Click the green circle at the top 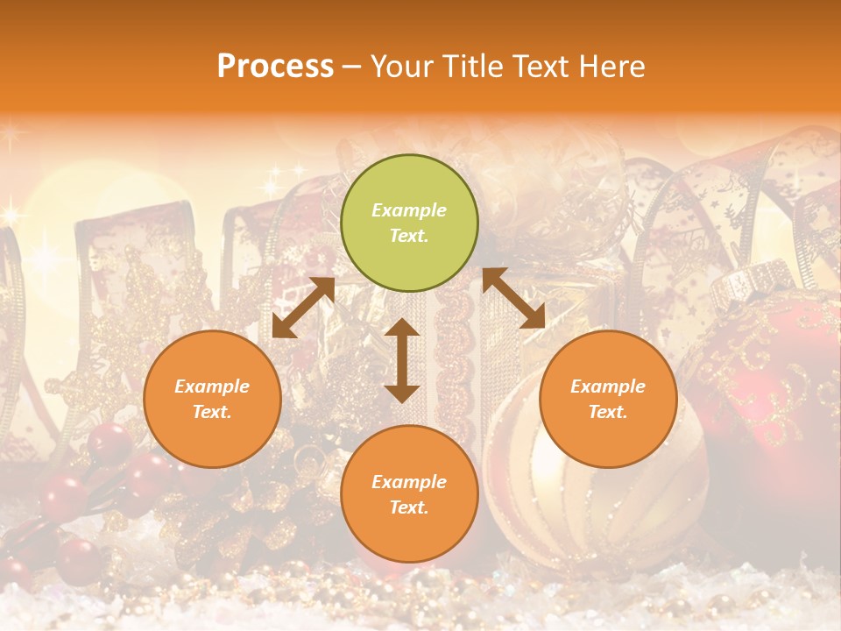point(409,223)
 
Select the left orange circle point(212,399)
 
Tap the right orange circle point(608,399)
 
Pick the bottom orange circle point(409,494)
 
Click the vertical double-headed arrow point(402,360)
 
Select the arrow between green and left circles point(303,307)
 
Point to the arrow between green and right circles point(513,298)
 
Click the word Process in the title point(275,66)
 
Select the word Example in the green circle point(409,210)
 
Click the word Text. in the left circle point(212,412)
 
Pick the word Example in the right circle point(608,386)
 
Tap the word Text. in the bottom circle point(409,507)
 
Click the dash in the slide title point(351,67)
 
